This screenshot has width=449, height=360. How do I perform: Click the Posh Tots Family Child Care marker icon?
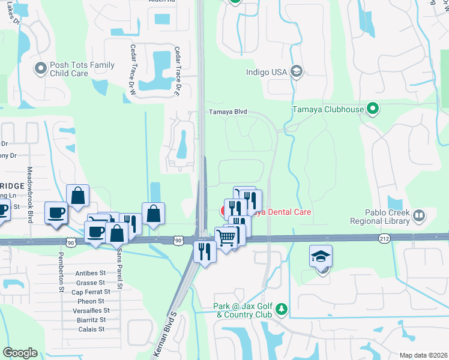point(41,68)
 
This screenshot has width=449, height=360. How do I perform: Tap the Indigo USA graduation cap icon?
point(295,72)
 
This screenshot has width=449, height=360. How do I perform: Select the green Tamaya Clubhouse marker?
point(373,109)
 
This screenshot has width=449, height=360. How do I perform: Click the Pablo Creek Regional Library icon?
point(419,215)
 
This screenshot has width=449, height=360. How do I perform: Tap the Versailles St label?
point(90,311)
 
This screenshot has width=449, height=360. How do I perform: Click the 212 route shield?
point(385,239)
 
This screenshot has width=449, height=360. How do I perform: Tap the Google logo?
point(20,353)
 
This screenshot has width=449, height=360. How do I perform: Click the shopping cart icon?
point(226,238)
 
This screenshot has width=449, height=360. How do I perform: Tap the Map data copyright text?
point(423,355)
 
